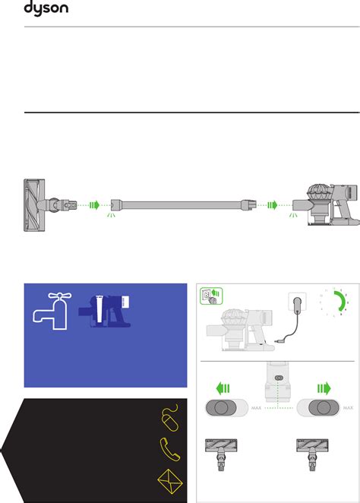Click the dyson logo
(x=46, y=8)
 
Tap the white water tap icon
(x=52, y=311)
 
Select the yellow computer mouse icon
(x=171, y=417)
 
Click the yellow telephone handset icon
(x=170, y=449)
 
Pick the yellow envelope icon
(x=170, y=481)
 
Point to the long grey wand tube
(x=184, y=204)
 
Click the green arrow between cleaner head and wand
(x=95, y=204)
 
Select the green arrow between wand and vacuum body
(x=273, y=204)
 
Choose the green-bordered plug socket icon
(x=211, y=296)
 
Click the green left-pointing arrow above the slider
(x=223, y=388)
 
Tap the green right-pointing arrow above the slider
(x=324, y=388)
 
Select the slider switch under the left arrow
(x=226, y=408)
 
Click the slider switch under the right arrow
(x=318, y=408)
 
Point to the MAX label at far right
(x=348, y=408)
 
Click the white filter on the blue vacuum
(x=99, y=309)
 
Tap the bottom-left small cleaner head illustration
(x=221, y=454)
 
